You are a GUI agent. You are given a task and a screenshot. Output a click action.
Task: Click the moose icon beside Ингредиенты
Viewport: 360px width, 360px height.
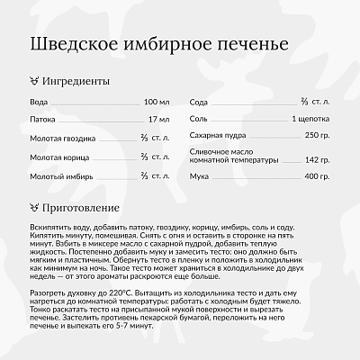click(35, 81)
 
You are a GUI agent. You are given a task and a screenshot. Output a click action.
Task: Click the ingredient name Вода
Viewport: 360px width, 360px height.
click(39, 103)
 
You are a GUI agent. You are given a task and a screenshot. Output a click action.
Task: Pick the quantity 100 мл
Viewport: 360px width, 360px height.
click(156, 103)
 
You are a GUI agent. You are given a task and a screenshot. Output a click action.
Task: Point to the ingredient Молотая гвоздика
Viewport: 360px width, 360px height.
click(64, 138)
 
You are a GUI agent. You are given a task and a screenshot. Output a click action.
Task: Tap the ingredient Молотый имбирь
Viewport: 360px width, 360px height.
click(60, 175)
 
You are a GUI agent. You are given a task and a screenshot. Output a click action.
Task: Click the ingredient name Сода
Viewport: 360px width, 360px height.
click(199, 103)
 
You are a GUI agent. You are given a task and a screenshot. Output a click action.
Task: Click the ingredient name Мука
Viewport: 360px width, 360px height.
click(200, 176)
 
